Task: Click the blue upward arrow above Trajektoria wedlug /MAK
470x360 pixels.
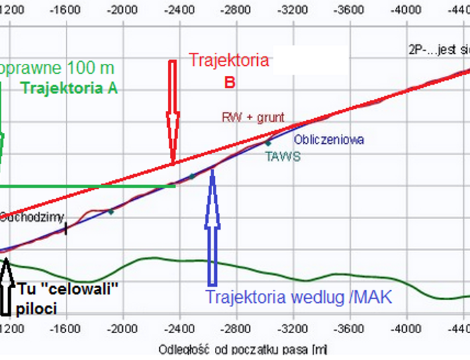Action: tap(212, 228)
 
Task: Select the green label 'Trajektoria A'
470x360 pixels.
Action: tap(69, 88)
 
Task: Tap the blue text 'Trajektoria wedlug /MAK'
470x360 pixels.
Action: tap(298, 297)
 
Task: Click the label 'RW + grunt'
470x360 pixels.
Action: tap(253, 118)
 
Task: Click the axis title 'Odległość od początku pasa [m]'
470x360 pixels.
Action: tap(243, 350)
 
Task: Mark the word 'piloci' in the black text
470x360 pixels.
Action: tap(38, 308)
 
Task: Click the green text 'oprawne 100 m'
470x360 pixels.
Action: tap(57, 68)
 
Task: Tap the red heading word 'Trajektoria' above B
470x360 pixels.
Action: tap(228, 60)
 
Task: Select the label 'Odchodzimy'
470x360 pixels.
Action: tap(31, 217)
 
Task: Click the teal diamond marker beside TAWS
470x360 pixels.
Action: tap(268, 143)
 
